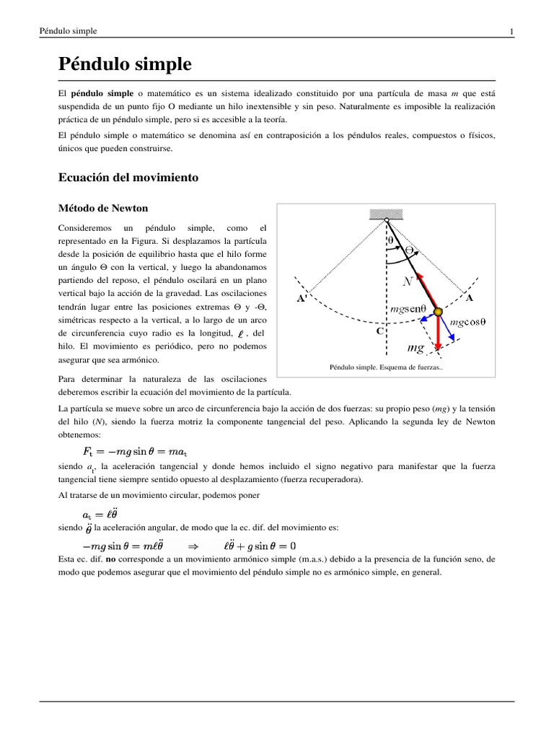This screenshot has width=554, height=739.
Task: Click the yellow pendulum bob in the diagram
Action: pyautogui.click(x=437, y=312)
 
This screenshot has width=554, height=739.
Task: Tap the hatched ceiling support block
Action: pyautogui.click(x=387, y=213)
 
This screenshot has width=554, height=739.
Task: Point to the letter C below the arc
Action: pyautogui.click(x=379, y=331)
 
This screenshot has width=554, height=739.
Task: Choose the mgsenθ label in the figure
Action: pyautogui.click(x=408, y=308)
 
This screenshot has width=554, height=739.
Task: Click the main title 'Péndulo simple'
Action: pyautogui.click(x=125, y=64)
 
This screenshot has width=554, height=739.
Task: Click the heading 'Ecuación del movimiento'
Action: pyautogui.click(x=128, y=176)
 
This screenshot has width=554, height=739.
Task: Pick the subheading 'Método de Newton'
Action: pyautogui.click(x=102, y=209)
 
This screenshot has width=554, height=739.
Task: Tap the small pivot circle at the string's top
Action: pyautogui.click(x=387, y=220)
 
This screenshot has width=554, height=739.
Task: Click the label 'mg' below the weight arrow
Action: pyautogui.click(x=415, y=349)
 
